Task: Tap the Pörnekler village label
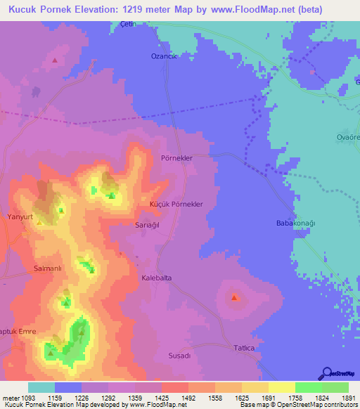tap(176, 158)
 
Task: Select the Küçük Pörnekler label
tap(176, 204)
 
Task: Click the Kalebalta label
tap(157, 278)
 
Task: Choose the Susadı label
tap(179, 356)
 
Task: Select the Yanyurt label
tap(20, 216)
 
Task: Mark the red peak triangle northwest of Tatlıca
tap(234, 298)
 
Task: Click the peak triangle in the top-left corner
tap(55, 60)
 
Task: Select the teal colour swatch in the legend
tap(41, 387)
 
